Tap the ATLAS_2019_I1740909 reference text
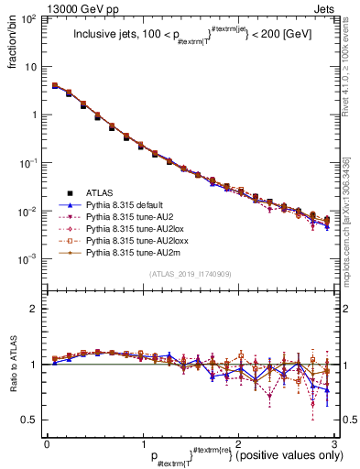189,274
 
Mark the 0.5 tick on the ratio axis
33,420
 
